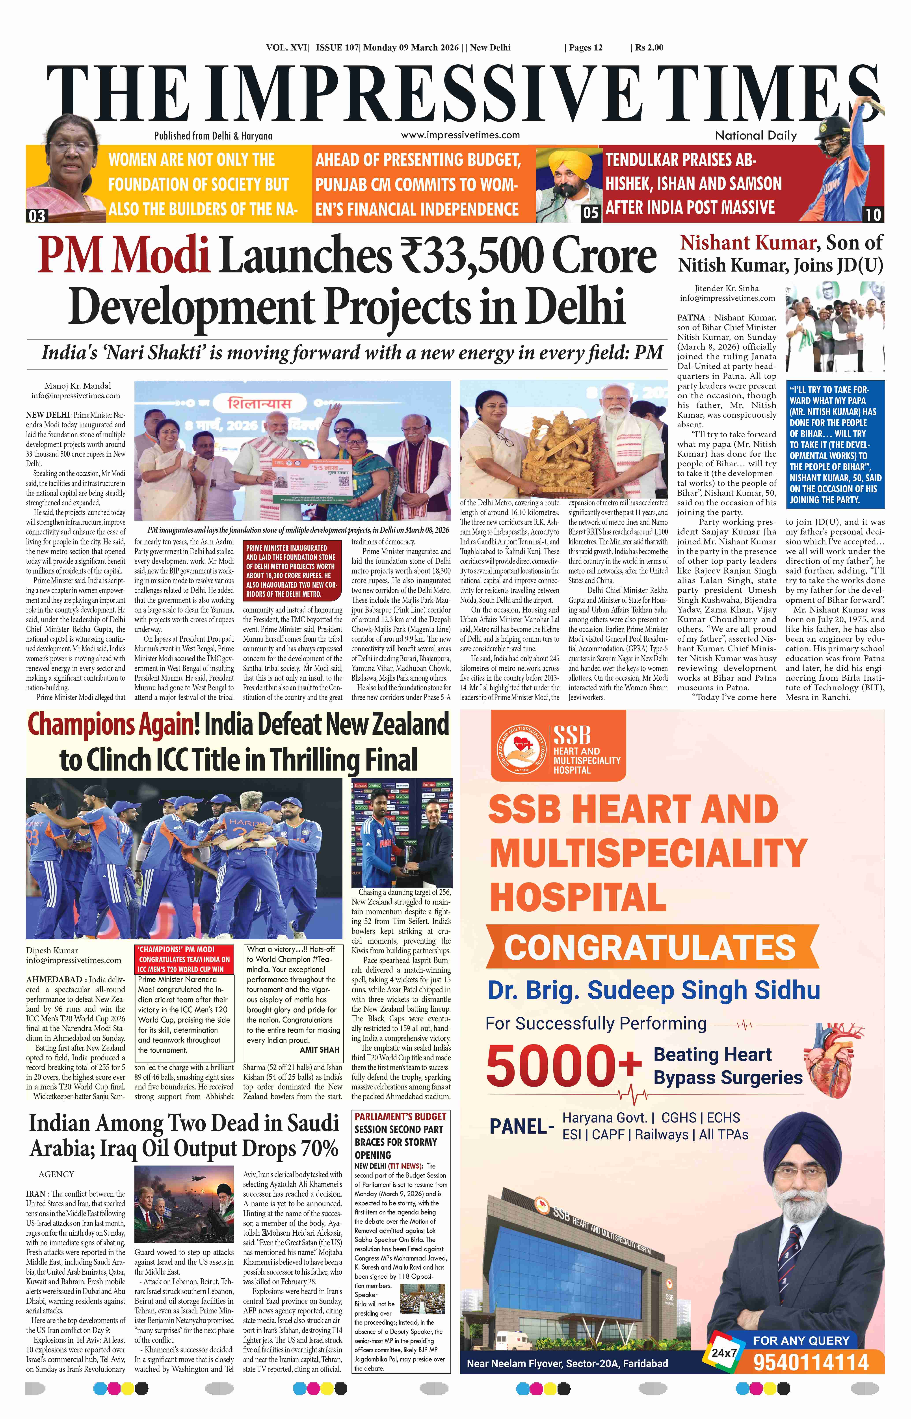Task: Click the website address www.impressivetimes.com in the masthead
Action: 460,135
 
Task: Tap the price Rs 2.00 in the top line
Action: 649,47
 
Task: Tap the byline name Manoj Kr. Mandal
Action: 78,386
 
